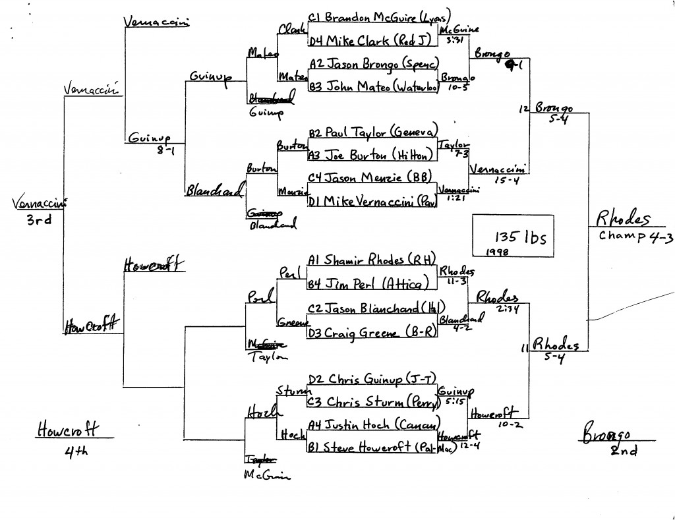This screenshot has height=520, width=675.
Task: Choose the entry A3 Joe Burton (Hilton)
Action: tap(371, 155)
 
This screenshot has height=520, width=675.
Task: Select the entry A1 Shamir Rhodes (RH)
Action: tap(370, 260)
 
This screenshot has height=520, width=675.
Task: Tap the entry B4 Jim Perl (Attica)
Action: tap(371, 284)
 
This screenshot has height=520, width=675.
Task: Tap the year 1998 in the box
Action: tap(494, 251)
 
